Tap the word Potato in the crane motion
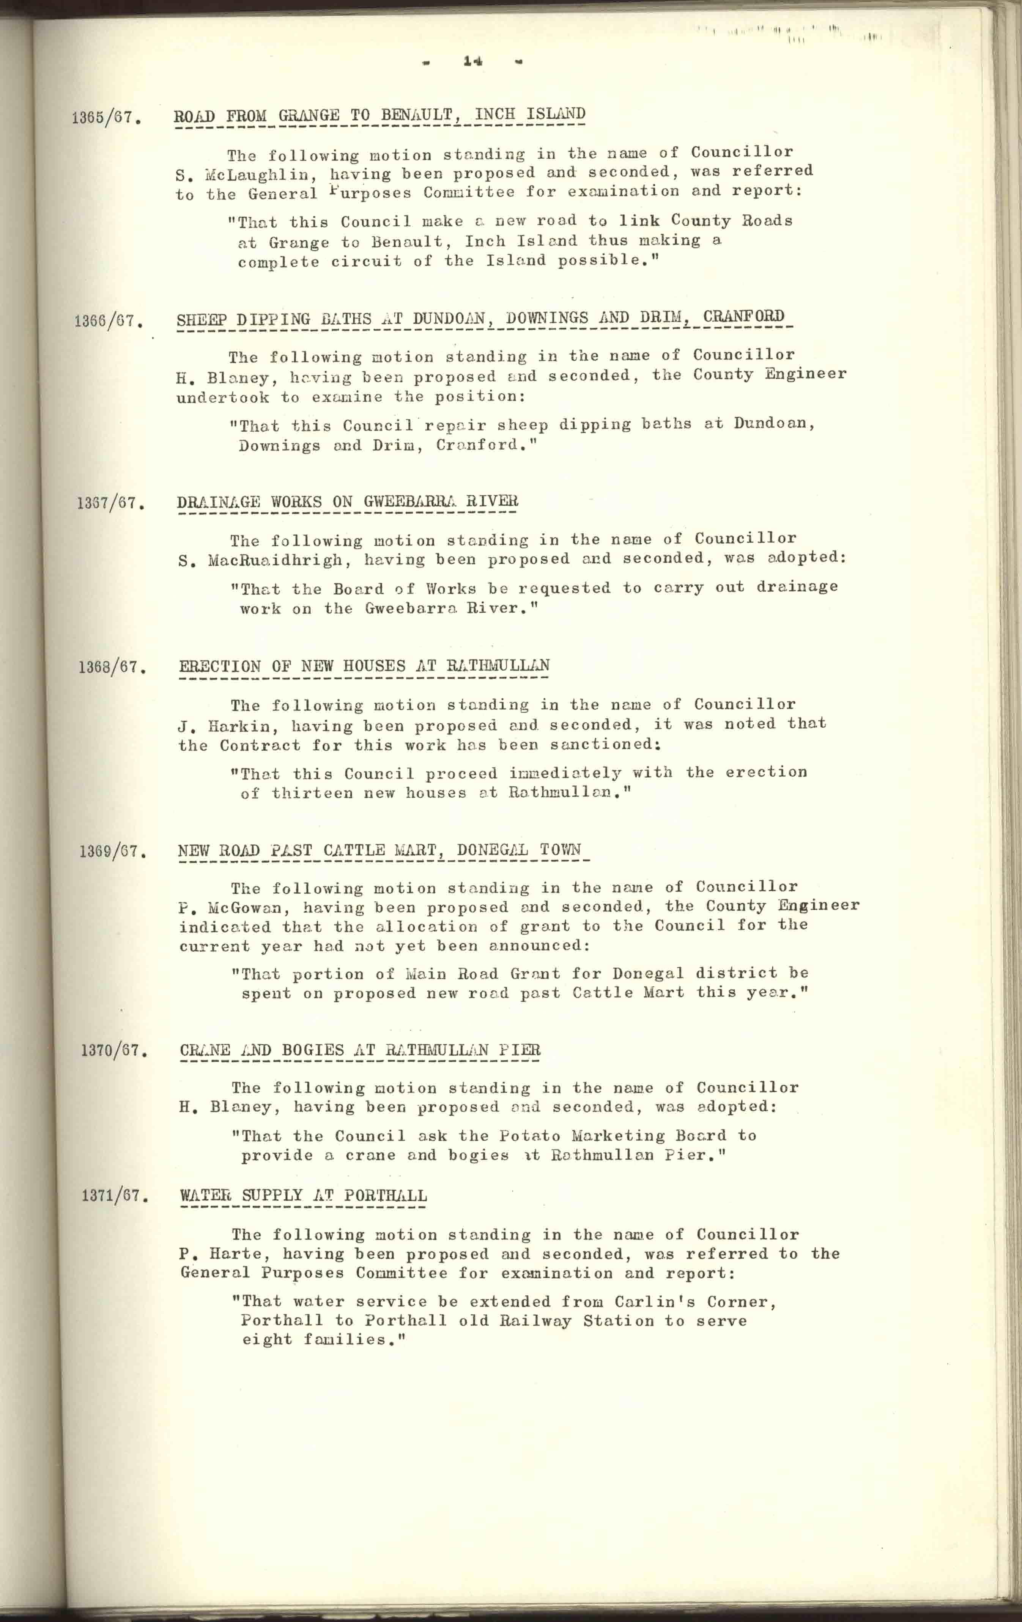click(529, 1136)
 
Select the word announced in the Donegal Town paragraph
click(539, 946)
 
